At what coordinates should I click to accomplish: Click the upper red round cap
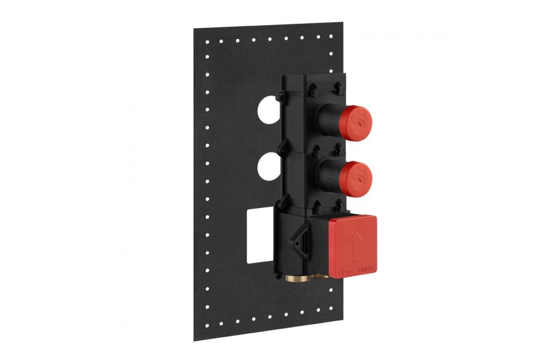coord(357,123)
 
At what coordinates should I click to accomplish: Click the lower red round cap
coord(356,179)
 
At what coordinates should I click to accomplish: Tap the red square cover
coord(352,247)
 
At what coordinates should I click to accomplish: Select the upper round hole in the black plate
coord(269,110)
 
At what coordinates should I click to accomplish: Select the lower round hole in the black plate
coord(269,166)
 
